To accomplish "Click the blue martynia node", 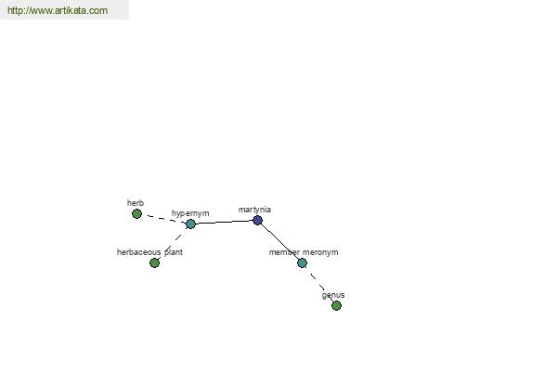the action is (x=257, y=220).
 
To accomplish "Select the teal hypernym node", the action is (x=190, y=224).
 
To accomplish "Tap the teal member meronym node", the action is (x=302, y=263).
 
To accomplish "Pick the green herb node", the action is (x=136, y=213).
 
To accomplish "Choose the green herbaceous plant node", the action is (x=154, y=262).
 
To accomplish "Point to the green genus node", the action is (x=336, y=305).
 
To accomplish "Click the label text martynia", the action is (x=254, y=210).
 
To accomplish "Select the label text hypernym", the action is (x=190, y=213).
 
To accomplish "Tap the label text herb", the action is (x=136, y=203).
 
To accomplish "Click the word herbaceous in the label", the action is (x=139, y=252).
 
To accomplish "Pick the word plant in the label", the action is (x=174, y=252).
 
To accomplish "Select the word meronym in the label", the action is (x=320, y=252).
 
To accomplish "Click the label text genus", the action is (x=333, y=295).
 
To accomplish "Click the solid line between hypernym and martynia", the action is (x=224, y=222).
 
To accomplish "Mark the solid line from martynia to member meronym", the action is (x=280, y=242).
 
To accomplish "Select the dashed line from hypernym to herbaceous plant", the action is (x=173, y=243).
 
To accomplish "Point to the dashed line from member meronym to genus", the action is (x=318, y=283).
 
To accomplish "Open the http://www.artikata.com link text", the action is (x=58, y=10).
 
